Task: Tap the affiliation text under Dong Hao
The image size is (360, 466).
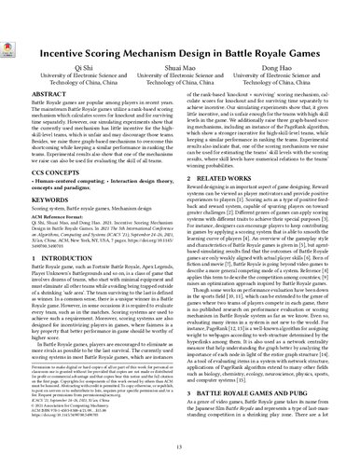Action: pyautogui.click(x=281, y=80)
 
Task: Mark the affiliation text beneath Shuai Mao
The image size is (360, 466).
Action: pyautogui.click(x=180, y=80)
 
